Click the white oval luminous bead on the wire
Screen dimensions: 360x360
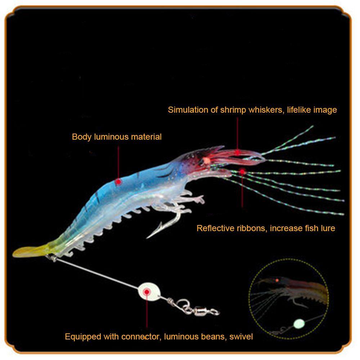click(x=147, y=291)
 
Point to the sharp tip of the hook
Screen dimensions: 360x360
click(x=148, y=238)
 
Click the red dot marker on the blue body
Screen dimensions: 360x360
click(x=118, y=183)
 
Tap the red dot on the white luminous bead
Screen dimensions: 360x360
click(x=147, y=292)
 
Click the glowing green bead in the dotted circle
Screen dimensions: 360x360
click(x=298, y=323)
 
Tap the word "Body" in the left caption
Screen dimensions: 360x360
click(x=80, y=137)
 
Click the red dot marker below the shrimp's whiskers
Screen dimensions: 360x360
click(x=242, y=172)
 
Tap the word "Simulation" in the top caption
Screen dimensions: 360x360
click(x=188, y=110)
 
